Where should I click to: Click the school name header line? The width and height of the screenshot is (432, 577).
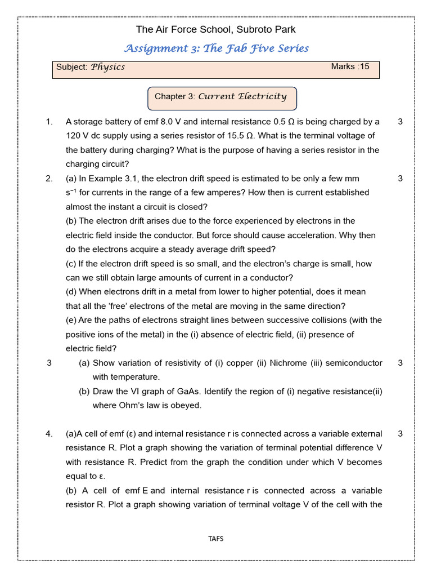pyautogui.click(x=215, y=29)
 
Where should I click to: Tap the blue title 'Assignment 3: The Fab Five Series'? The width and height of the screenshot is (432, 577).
pyautogui.click(x=215, y=48)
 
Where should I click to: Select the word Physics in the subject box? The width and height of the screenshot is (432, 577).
pyautogui.click(x=108, y=67)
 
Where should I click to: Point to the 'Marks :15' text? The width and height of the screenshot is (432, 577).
pyautogui.click(x=350, y=66)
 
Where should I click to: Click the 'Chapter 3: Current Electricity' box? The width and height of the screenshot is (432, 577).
pyautogui.click(x=221, y=96)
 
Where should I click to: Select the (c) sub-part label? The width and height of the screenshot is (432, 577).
pyautogui.click(x=71, y=264)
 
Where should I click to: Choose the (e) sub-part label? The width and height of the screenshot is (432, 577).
pyautogui.click(x=71, y=320)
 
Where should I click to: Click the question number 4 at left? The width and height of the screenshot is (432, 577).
pyautogui.click(x=49, y=434)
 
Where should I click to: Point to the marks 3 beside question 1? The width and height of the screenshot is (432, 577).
pyautogui.click(x=400, y=122)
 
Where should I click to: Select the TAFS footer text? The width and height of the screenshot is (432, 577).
pyautogui.click(x=215, y=539)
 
